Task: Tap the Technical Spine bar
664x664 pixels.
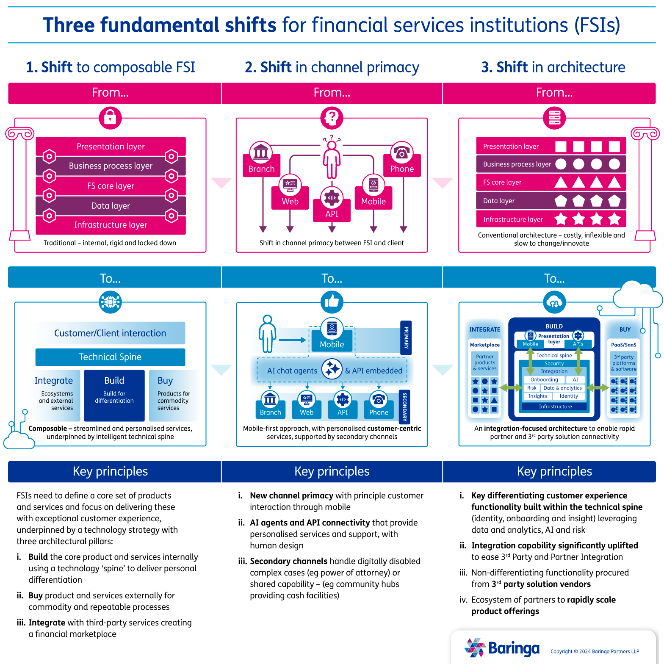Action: pyautogui.click(x=110, y=357)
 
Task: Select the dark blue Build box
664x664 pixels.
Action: pyautogui.click(x=114, y=395)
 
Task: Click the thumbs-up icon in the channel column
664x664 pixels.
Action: pyautogui.click(x=332, y=302)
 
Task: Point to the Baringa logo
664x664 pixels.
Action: pyautogui.click(x=502, y=648)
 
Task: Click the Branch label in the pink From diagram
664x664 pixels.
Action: pyautogui.click(x=261, y=169)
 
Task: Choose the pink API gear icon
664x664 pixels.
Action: pyautogui.click(x=332, y=198)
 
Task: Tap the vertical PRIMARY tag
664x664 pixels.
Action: pyautogui.click(x=406, y=338)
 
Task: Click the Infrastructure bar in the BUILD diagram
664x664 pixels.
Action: pyautogui.click(x=555, y=407)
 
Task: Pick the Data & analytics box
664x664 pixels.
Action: pyautogui.click(x=562, y=388)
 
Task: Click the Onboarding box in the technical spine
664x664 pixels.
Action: pyautogui.click(x=544, y=379)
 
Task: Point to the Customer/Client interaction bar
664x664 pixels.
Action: pyautogui.click(x=110, y=333)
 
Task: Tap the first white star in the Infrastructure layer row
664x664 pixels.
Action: pyautogui.click(x=561, y=219)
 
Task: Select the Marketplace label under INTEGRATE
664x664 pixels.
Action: pyautogui.click(x=484, y=345)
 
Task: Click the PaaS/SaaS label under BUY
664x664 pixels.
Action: pyautogui.click(x=623, y=345)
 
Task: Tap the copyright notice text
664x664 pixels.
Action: pyautogui.click(x=595, y=651)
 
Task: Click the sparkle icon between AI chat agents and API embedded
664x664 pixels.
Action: pyautogui.click(x=332, y=369)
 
